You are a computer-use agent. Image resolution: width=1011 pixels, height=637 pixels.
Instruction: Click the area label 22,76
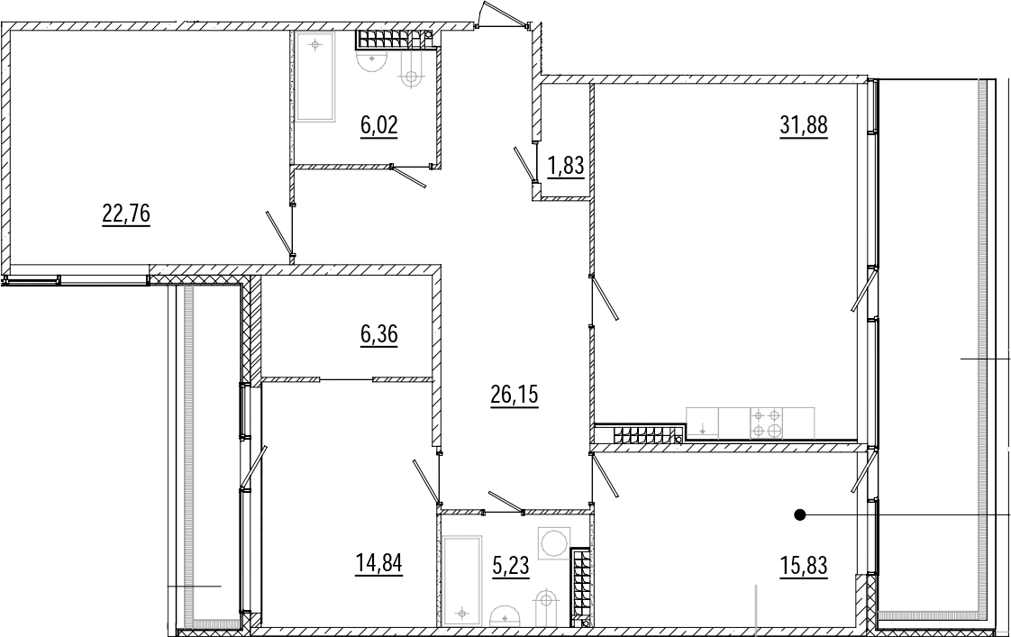pos(126,213)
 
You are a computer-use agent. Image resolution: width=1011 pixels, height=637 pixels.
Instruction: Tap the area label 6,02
pos(379,124)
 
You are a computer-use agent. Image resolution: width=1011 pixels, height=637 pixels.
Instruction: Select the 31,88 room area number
pos(804,124)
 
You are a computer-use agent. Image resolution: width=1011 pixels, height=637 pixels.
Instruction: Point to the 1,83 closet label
pos(566,166)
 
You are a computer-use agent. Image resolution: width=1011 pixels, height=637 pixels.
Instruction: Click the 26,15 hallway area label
pos(515,395)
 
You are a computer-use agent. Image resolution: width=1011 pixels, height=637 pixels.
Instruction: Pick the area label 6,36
pos(379,334)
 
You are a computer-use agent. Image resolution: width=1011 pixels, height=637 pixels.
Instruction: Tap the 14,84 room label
pos(378,563)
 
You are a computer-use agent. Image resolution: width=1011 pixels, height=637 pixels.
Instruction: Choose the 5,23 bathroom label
pos(510,566)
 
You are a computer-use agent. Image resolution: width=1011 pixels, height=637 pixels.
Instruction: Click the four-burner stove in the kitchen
pos(767,423)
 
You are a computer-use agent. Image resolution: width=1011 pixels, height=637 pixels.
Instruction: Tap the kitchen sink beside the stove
pos(702,423)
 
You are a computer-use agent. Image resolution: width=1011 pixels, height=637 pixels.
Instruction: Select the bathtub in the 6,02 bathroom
pos(315,77)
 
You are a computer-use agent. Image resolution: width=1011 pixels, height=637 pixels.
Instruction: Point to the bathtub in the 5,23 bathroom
pos(462,580)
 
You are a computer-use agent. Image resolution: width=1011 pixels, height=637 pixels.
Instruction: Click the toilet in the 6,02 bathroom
pos(372,62)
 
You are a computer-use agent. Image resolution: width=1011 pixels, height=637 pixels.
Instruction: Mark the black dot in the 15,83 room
pos(800,514)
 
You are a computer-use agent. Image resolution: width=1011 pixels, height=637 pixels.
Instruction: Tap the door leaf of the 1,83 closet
pos(524,164)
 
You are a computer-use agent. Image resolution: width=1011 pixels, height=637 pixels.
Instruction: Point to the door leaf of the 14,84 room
pos(426,481)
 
